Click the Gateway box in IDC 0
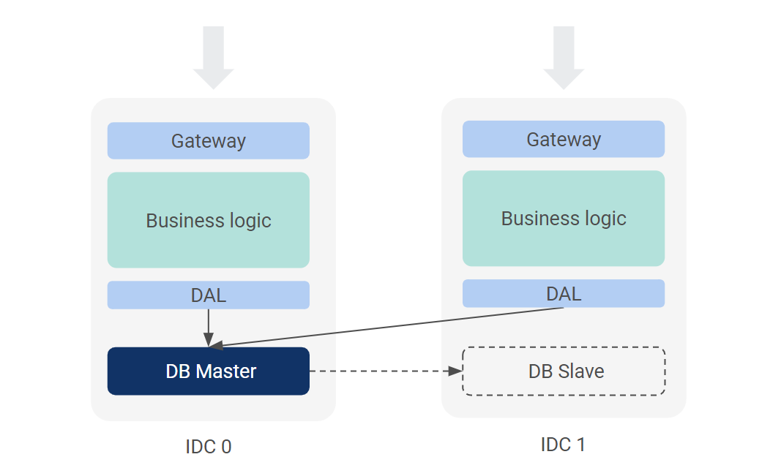(x=208, y=141)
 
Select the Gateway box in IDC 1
(x=564, y=139)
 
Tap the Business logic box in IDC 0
(x=208, y=220)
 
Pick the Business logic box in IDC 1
(x=564, y=219)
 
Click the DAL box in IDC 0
(x=208, y=295)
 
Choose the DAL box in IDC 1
(x=564, y=293)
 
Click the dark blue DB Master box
(x=208, y=371)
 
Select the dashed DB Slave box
(x=564, y=371)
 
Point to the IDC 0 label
(x=208, y=447)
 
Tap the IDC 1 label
(x=563, y=445)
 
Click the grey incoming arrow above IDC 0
(x=214, y=58)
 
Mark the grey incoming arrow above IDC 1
(x=564, y=58)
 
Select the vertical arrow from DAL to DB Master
(x=208, y=328)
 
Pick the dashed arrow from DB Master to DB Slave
(x=386, y=371)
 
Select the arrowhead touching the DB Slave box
(x=456, y=371)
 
